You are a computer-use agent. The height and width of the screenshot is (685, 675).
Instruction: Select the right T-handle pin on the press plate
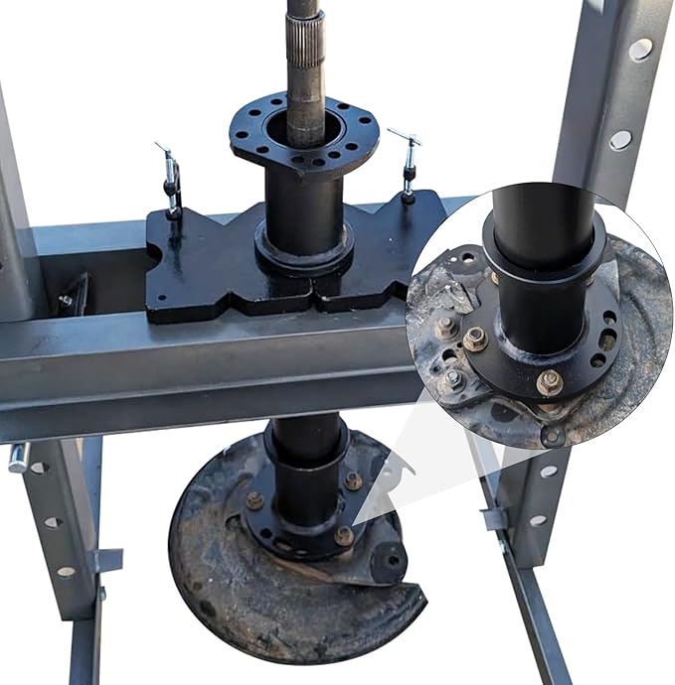point(407,164)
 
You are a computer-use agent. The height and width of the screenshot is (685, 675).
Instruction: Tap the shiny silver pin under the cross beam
point(17,458)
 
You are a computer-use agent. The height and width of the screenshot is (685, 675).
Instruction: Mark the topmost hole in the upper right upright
point(639,48)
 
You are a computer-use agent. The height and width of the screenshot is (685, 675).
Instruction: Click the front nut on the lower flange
point(343,535)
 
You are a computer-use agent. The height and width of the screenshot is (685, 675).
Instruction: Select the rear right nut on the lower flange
point(353,480)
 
